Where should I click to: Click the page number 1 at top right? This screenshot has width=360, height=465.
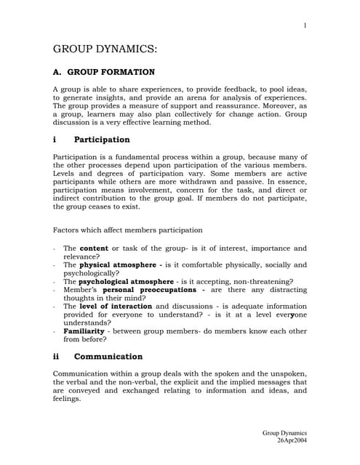(x=305, y=26)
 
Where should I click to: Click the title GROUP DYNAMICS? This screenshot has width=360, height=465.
(x=105, y=49)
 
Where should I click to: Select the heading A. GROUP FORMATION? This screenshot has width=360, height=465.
(x=104, y=73)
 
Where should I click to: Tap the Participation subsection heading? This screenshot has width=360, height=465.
(x=102, y=139)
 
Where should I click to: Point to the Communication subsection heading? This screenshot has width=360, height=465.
(x=108, y=357)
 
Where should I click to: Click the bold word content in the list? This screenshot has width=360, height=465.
(x=93, y=248)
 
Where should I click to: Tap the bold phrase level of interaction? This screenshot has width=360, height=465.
(x=116, y=307)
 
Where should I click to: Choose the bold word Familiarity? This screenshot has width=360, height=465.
(x=84, y=331)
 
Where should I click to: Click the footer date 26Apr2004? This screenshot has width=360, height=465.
(x=292, y=440)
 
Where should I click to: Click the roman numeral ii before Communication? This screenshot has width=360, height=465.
(x=56, y=357)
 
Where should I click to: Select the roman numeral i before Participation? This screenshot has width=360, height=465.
(x=55, y=139)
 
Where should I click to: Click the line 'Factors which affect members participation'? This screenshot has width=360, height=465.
(x=128, y=230)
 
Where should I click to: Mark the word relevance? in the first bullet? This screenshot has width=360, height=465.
(x=81, y=256)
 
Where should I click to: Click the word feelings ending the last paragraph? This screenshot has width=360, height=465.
(x=69, y=399)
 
